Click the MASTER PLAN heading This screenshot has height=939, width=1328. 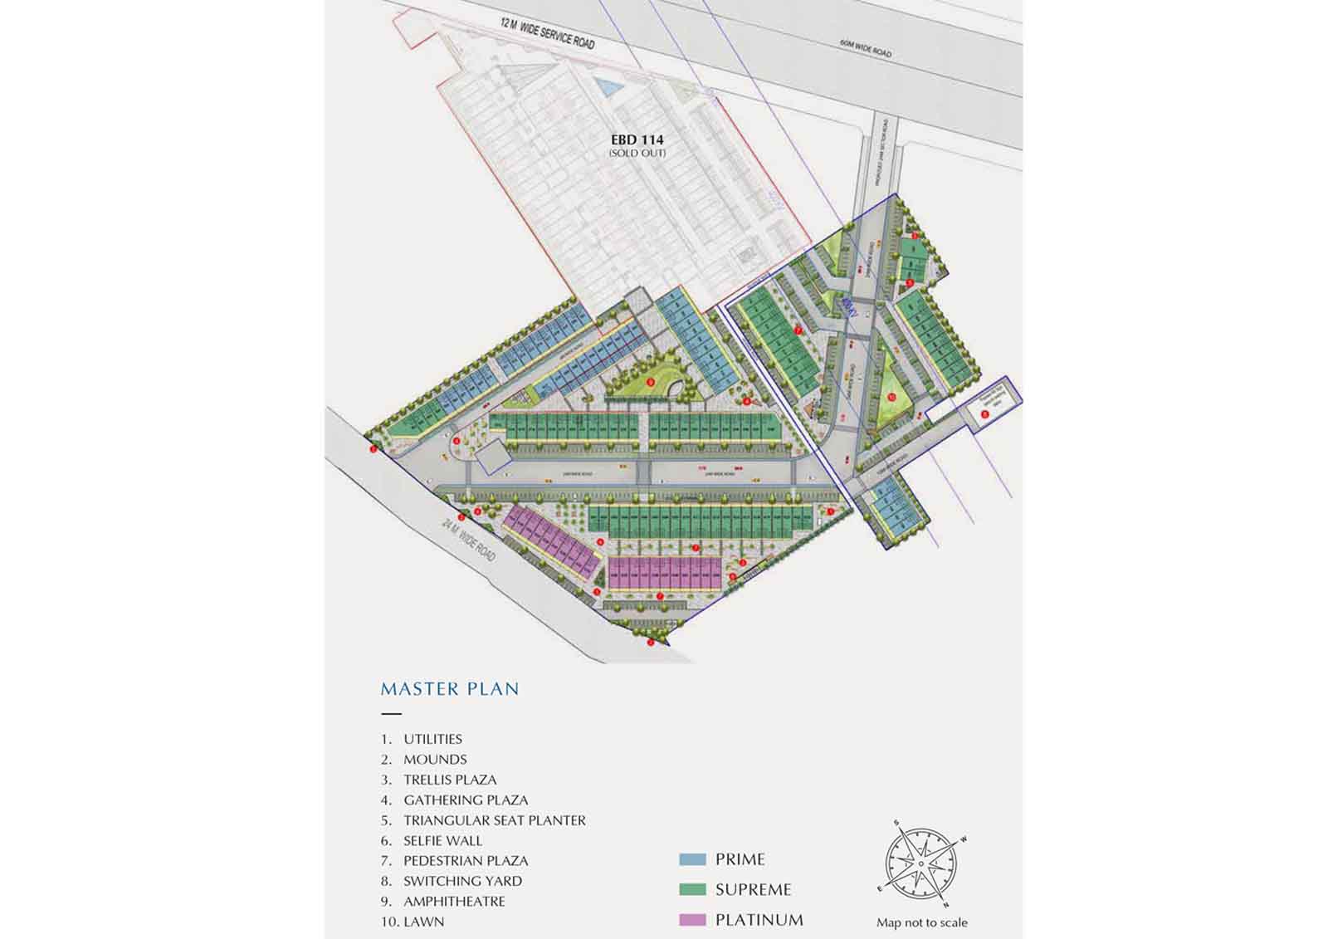[449, 689]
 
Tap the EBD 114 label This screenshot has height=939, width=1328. [637, 140]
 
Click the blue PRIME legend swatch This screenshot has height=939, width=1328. [692, 860]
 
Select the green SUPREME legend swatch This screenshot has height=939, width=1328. [692, 890]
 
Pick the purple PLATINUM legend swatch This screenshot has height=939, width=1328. [692, 920]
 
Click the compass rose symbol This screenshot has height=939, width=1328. [920, 863]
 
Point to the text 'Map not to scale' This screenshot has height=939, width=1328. [921, 922]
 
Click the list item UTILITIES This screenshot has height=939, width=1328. [432, 739]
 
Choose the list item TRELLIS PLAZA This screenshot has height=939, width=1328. [450, 780]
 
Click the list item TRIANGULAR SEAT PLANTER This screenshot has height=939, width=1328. [494, 820]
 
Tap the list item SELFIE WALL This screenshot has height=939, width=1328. [442, 841]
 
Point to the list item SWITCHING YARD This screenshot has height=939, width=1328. [462, 881]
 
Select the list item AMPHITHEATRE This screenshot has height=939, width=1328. [454, 902]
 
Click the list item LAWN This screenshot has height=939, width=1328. [423, 922]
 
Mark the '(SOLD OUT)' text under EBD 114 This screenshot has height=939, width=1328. [637, 154]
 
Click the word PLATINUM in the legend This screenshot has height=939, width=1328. [759, 920]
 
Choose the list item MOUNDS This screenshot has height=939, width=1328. [435, 760]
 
